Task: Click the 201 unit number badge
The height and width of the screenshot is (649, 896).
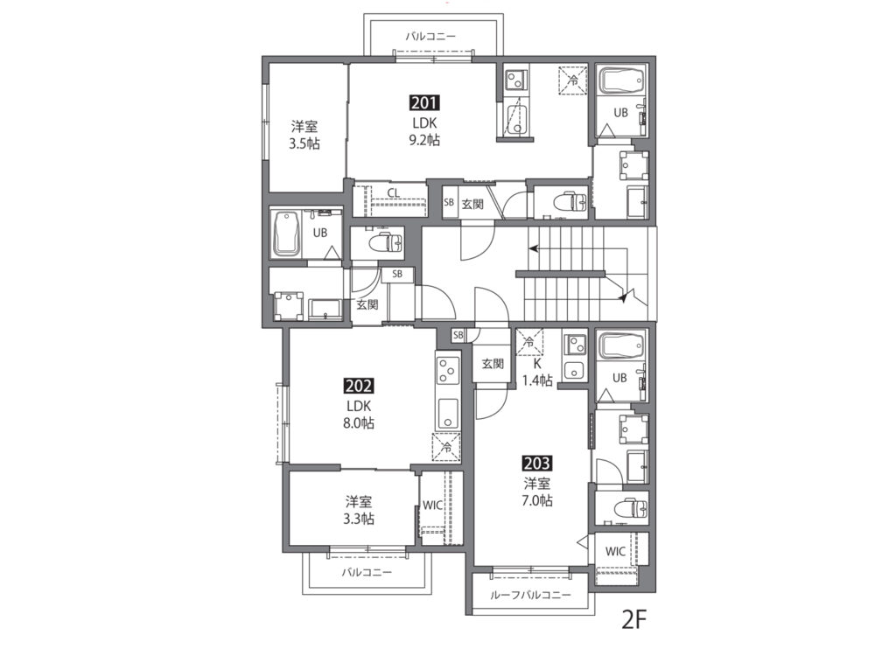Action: (424, 103)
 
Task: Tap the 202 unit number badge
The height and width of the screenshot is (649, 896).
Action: (359, 387)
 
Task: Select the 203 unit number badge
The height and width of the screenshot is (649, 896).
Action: (537, 463)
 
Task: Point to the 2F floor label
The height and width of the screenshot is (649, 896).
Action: (633, 620)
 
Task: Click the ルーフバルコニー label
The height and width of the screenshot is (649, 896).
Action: (531, 596)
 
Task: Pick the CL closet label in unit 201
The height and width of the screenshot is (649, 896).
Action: (393, 193)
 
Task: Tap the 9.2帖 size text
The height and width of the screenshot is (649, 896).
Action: (424, 140)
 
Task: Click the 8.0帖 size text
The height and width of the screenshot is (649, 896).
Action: (359, 423)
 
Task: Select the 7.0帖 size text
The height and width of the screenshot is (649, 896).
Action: (537, 500)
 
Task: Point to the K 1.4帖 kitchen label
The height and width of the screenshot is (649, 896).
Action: (537, 372)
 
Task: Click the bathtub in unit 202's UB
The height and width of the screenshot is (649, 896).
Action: (286, 234)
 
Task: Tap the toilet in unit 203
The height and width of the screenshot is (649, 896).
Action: (630, 507)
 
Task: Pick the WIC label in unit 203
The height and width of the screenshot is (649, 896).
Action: (615, 552)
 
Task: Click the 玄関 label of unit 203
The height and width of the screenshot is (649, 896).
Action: (492, 363)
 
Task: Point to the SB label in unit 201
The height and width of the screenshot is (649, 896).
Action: (449, 202)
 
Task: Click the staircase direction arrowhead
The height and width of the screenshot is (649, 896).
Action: (534, 248)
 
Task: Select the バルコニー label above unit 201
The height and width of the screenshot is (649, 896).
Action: (430, 37)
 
